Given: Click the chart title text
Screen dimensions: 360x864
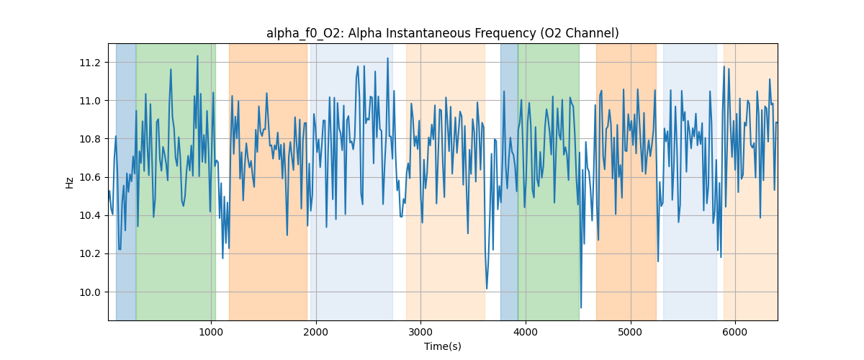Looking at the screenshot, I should [x=442, y=33].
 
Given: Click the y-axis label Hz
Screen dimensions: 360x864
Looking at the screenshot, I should [x=70, y=182].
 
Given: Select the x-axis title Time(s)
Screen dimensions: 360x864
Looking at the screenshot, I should [x=442, y=346].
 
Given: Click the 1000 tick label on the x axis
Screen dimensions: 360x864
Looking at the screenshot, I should [x=210, y=333].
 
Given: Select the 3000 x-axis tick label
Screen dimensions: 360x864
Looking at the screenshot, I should [x=420, y=333].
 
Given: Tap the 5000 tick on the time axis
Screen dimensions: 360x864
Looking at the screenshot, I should [x=631, y=333].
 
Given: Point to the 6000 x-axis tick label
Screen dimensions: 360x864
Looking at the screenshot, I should [x=735, y=333].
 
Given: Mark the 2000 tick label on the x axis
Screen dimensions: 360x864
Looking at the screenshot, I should [x=315, y=333].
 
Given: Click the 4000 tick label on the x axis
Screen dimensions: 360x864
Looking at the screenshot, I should [x=526, y=333].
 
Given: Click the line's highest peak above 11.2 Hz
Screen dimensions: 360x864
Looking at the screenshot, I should [x=197, y=56].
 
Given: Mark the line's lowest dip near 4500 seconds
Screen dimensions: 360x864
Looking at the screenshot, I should [x=581, y=307].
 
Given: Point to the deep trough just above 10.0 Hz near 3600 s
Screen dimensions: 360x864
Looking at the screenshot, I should [x=487, y=288].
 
